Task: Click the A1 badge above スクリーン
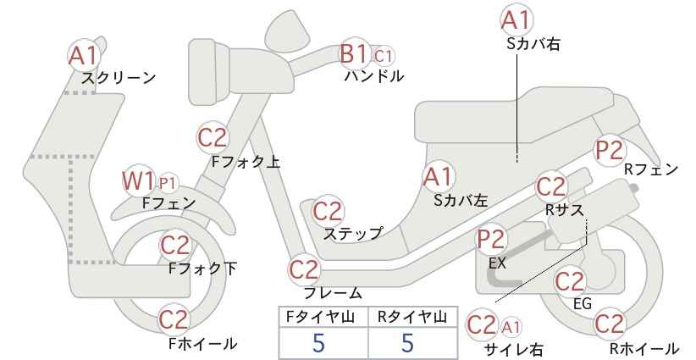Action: tap(84, 56)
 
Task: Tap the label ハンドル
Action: tap(374, 76)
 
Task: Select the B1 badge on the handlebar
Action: tap(354, 54)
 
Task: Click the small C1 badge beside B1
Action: tap(382, 57)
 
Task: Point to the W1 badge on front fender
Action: tap(138, 181)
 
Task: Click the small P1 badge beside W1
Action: tap(168, 183)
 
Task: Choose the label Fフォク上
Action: tap(246, 162)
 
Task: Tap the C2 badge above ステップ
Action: tap(328, 212)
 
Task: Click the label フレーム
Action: tap(333, 292)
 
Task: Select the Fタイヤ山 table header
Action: tap(320, 317)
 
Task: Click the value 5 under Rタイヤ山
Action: tap(407, 342)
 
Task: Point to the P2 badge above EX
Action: tap(491, 239)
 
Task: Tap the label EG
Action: tap(583, 303)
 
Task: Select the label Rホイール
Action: tap(644, 348)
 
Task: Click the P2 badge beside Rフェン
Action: tap(610, 151)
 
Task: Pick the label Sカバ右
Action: tap(533, 44)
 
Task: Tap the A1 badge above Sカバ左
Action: tap(438, 177)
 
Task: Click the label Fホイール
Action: tap(203, 344)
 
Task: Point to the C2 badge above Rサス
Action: tap(551, 187)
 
